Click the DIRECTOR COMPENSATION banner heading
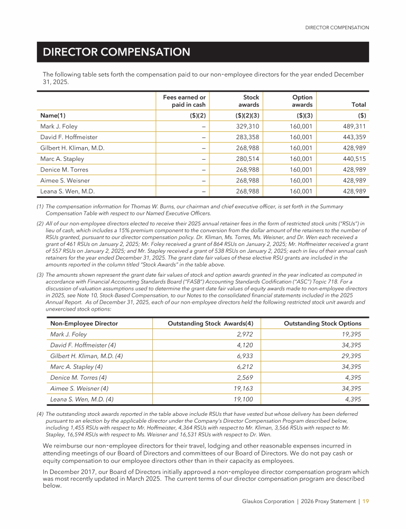(116, 52)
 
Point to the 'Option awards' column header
(302, 101)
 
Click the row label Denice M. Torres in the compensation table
(64, 170)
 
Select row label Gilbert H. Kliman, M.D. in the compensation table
(72, 148)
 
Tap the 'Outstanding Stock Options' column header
(322, 323)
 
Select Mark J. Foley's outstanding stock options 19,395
(351, 334)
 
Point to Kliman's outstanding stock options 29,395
(351, 356)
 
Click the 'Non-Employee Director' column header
(84, 323)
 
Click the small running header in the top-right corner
(337, 28)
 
